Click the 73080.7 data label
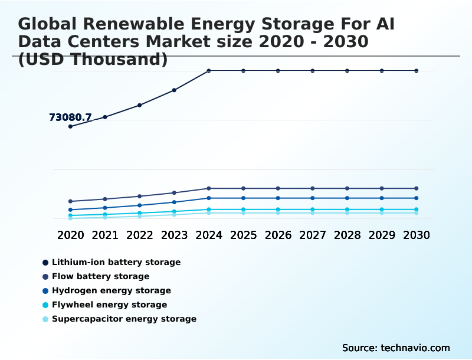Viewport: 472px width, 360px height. click(70, 117)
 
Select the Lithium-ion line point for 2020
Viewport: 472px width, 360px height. click(70, 126)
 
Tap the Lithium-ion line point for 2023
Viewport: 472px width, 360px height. click(174, 90)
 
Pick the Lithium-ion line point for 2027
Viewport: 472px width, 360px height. click(313, 71)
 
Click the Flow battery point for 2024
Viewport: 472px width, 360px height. click(209, 188)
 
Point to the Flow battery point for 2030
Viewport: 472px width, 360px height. click(417, 188)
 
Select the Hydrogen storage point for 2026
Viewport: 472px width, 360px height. click(278, 198)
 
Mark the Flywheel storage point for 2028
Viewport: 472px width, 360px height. click(347, 210)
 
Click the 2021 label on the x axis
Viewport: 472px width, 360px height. click(105, 235)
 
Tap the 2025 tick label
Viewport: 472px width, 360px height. click(243, 235)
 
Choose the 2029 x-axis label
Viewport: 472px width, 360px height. click(382, 235)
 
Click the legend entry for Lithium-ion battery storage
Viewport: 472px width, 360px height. click(116, 262)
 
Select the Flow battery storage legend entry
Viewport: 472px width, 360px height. click(100, 276)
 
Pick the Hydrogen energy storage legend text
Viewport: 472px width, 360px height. click(111, 290)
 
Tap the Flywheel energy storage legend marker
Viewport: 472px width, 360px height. click(45, 305)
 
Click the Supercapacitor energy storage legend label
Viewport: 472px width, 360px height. click(124, 319)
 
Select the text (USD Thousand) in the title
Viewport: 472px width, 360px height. click(93, 59)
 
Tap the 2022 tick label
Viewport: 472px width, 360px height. click(140, 235)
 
